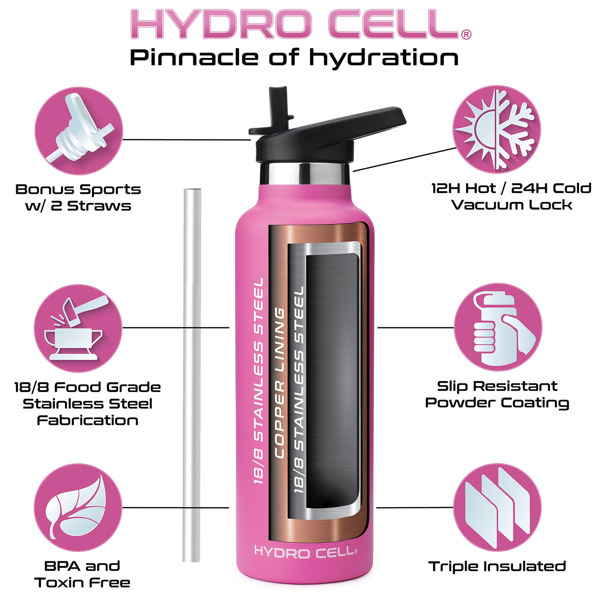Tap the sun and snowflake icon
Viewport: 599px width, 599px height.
point(496,130)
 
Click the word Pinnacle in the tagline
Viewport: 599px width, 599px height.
point(194,57)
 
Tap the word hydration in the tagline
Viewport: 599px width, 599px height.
point(385,58)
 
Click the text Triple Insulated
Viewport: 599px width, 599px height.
point(497,566)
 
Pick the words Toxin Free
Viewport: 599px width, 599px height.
point(82,582)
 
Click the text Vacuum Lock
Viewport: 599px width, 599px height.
point(512,205)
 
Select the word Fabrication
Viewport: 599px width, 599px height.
point(88,421)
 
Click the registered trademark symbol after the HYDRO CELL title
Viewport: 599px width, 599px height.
point(466,35)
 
